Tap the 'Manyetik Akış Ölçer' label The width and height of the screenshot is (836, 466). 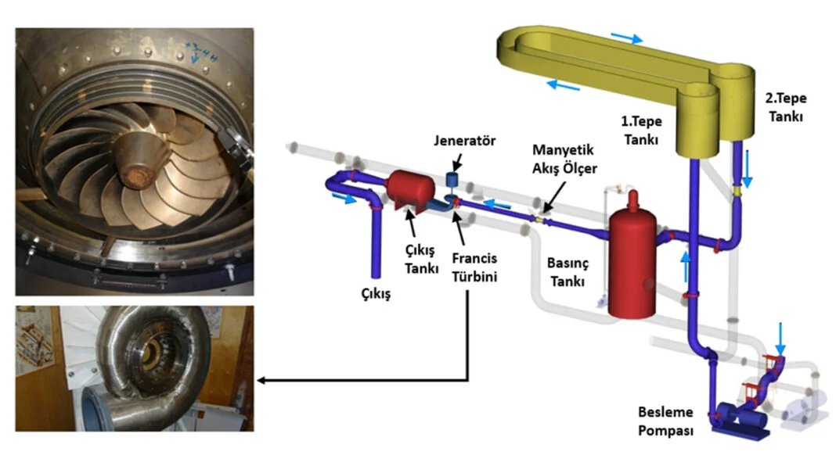coord(560,156)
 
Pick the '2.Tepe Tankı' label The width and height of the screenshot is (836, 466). coord(785,108)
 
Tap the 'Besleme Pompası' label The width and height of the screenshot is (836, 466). coord(665,422)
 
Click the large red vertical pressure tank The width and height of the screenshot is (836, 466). coord(632,262)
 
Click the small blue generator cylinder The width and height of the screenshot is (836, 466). coord(452,179)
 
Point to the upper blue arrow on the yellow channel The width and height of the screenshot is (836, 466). coord(627,37)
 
